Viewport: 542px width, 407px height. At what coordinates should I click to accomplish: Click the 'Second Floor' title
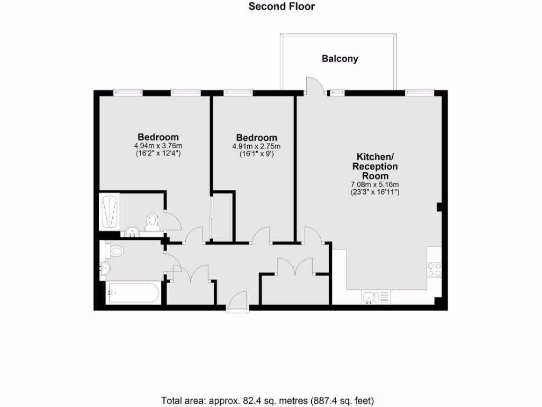[282, 6]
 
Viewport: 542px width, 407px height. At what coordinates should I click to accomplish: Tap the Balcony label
[340, 59]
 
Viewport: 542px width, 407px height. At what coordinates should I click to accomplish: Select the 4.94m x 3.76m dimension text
[158, 146]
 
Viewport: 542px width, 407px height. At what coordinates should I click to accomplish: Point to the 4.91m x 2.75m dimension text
[256, 147]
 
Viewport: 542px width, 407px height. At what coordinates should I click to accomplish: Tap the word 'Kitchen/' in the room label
[375, 157]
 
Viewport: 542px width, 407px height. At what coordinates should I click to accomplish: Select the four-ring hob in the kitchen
[435, 269]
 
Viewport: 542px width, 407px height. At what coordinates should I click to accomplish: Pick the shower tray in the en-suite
[110, 211]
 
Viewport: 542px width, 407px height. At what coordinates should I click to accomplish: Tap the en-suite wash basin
[132, 232]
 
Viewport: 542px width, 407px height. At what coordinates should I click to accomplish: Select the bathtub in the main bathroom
[133, 293]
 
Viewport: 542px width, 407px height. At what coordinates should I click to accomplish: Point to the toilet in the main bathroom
[114, 250]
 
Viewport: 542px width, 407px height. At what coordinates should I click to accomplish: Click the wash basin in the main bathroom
[105, 269]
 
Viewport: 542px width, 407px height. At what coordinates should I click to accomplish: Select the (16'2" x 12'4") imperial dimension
[158, 154]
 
